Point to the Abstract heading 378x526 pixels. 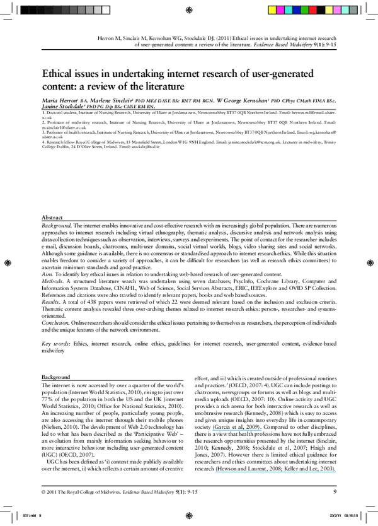pos(52,217)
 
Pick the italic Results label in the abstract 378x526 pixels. pos(52,303)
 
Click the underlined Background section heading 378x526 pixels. pos(56,377)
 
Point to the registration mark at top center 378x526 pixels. pos(190,9)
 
